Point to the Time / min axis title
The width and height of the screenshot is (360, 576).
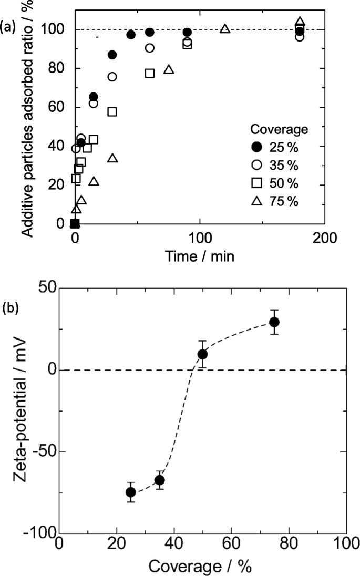[199, 256]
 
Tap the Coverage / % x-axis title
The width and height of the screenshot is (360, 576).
[202, 567]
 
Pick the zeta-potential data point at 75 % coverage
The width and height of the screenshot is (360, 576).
[274, 322]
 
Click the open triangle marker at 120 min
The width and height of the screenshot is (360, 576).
[225, 29]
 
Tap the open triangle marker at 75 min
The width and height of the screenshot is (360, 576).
[169, 69]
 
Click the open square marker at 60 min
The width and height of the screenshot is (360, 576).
[150, 73]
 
